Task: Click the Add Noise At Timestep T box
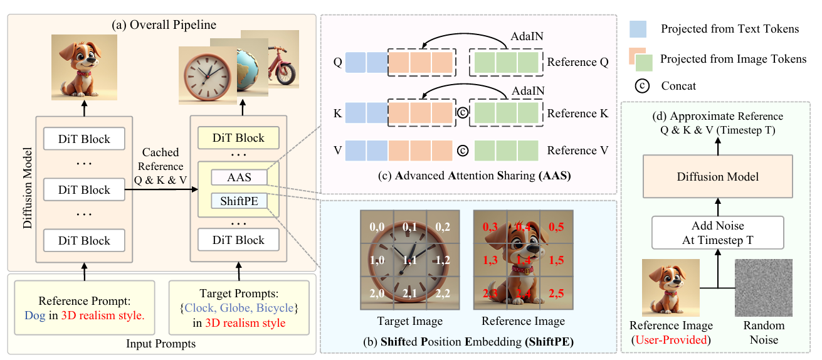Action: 717,233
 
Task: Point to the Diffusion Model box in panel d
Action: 717,177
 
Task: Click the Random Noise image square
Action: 764,287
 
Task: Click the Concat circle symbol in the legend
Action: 642,85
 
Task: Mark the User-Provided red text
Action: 671,340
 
